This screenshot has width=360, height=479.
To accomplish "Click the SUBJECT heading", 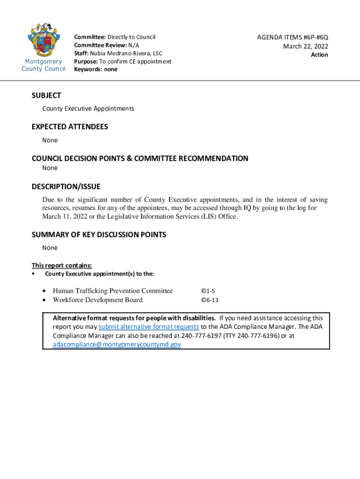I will pos(46,95).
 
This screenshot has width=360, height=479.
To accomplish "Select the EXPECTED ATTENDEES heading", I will pos(70,127).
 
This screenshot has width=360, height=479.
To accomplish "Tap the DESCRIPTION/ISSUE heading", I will pos(66,187).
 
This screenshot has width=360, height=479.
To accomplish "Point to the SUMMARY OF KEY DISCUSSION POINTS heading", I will pos(99,234).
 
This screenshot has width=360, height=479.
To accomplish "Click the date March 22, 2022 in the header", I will pos(305,46).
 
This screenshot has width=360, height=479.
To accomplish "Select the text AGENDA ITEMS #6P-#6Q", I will pos(293,37).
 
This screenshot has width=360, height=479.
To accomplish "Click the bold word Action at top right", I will pos(319,55).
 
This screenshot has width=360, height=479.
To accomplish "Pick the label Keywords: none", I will pos(96,69).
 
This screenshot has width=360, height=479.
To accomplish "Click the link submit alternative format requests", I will pos(149,327).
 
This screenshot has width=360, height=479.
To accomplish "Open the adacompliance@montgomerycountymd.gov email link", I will pos(117,344).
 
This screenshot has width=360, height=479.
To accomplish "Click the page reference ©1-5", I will pos(208,291).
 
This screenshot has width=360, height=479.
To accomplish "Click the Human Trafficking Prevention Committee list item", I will pos(113,291).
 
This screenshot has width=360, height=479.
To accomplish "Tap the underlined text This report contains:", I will pos(58,266).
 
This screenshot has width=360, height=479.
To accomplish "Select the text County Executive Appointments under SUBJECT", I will pos(88,109).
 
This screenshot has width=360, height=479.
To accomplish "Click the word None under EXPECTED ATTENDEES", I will pos(50,140).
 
